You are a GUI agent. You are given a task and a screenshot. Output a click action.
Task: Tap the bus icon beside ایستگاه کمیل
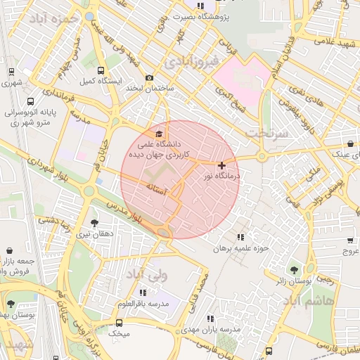[101, 71]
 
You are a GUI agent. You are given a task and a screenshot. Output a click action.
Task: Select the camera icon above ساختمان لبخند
[149, 78]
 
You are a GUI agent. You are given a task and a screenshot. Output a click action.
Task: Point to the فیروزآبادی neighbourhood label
[191, 62]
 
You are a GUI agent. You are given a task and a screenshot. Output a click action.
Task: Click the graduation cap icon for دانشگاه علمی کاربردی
[159, 134]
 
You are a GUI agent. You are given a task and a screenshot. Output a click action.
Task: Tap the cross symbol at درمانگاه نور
[222, 165]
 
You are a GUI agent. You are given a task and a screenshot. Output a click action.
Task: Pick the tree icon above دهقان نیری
[95, 224]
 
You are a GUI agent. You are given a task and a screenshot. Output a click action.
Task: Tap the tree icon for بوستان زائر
[294, 270]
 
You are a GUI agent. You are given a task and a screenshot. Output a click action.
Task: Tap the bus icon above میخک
[118, 323]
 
